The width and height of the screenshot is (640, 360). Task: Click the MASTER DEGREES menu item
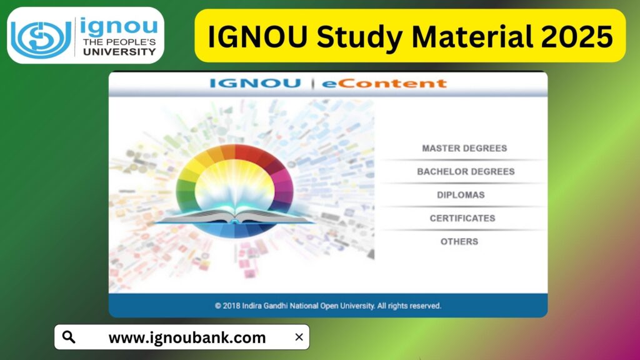tap(464, 149)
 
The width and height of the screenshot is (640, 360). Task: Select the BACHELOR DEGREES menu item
tap(466, 172)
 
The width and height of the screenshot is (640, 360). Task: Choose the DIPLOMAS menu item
tap(461, 195)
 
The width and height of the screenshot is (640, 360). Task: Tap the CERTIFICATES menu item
tap(462, 219)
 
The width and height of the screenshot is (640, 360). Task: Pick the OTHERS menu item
tap(459, 242)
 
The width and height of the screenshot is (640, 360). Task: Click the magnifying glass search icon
tap(69, 337)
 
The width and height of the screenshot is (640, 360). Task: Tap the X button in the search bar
tap(299, 337)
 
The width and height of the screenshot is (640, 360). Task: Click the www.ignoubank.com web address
tap(187, 338)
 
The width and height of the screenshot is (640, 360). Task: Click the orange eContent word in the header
tap(384, 83)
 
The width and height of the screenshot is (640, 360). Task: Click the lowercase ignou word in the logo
tap(118, 27)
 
